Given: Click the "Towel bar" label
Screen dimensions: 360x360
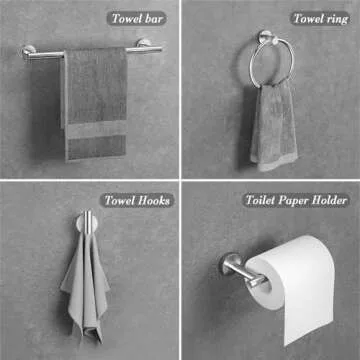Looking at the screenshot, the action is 136,19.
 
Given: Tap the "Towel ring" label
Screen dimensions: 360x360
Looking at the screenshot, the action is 321,19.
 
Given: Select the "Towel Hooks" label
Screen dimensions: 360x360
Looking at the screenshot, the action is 137,201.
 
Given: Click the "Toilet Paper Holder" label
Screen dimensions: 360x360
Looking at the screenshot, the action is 296,201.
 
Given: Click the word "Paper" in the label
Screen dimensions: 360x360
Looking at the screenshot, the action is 293,201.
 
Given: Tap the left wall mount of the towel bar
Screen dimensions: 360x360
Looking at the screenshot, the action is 28,52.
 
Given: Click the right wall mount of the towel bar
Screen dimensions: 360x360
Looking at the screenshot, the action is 144,43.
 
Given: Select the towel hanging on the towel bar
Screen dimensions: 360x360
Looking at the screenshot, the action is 94,103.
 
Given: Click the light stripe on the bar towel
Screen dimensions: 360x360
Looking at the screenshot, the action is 97,129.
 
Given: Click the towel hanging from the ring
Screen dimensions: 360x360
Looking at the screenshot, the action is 273,127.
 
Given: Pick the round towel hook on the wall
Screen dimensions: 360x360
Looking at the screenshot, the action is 87,222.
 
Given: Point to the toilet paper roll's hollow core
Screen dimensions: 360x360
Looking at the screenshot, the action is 266,282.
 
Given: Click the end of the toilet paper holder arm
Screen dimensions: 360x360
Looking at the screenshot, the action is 257,282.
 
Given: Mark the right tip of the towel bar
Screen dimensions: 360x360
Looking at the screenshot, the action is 161,49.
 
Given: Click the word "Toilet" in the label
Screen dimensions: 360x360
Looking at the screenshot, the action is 261,201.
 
